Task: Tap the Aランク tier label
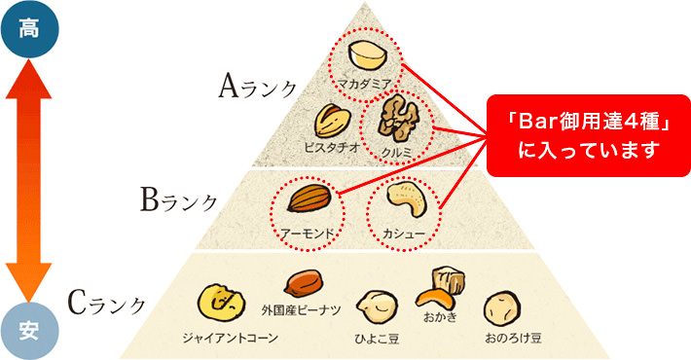[x=258, y=88]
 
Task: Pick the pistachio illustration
[x=330, y=122]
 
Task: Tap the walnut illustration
[x=398, y=119]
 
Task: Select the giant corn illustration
[x=217, y=301]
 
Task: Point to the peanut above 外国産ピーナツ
[x=301, y=285]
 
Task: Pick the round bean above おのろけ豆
[x=504, y=309]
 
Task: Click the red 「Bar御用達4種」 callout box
[x=580, y=135]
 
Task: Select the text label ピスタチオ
[x=332, y=148]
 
